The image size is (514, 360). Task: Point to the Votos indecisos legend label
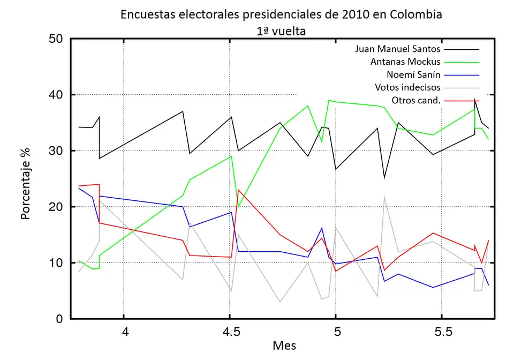click(x=407, y=87)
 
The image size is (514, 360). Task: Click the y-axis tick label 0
click(x=59, y=319)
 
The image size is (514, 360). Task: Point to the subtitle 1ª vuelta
click(x=281, y=31)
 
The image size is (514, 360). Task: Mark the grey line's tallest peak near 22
click(x=384, y=196)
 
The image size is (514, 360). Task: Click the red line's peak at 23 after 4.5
click(x=238, y=190)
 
